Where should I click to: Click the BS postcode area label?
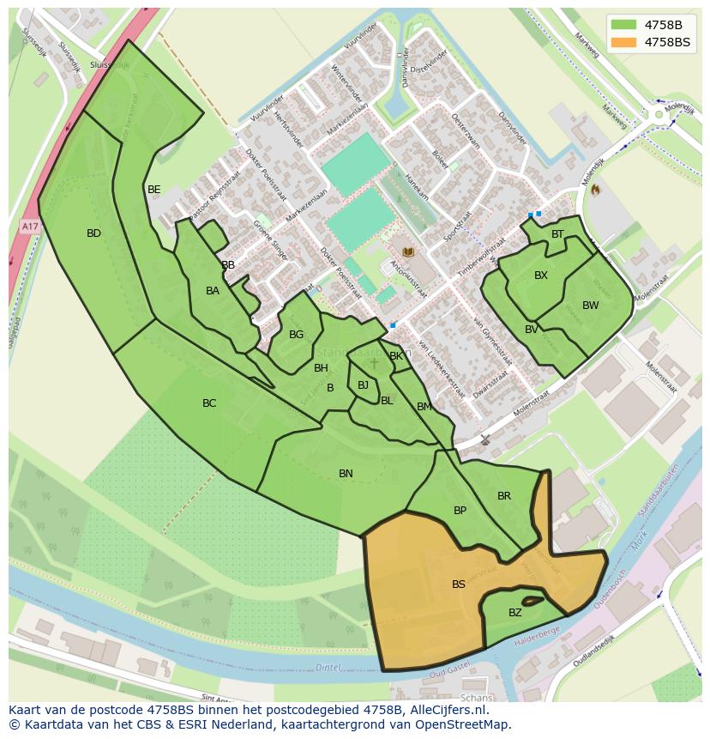click(x=459, y=585)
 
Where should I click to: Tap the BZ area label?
click(x=514, y=613)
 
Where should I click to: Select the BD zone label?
click(x=93, y=233)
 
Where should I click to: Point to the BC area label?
click(x=209, y=403)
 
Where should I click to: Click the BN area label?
click(x=346, y=474)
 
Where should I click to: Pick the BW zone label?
click(x=590, y=306)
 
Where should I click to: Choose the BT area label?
click(x=557, y=234)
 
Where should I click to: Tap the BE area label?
click(x=153, y=190)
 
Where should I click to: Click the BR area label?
click(x=504, y=496)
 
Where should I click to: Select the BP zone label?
click(x=460, y=511)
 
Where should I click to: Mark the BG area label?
click(x=296, y=335)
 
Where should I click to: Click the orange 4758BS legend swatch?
click(x=624, y=42)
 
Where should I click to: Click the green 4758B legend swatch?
click(x=624, y=25)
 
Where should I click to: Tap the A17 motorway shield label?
click(x=30, y=227)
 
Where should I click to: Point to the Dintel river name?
click(x=328, y=666)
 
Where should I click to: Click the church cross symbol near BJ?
click(x=374, y=364)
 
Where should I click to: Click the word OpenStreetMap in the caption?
click(x=464, y=724)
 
